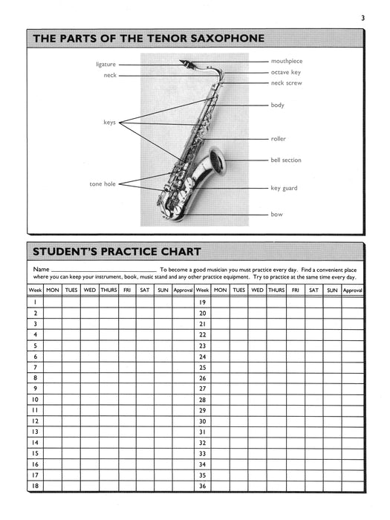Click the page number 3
tap(363, 18)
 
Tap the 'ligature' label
tap(106, 64)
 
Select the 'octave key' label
tap(285, 72)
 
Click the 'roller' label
tap(278, 139)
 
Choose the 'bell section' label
tap(286, 160)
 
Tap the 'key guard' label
tap(284, 188)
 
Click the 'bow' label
tap(276, 214)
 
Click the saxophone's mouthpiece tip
tap(183, 62)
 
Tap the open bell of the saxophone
tap(217, 159)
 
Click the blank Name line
tap(104, 270)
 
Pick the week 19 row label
tap(202, 302)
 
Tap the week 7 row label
tap(35, 367)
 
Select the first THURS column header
tap(108, 289)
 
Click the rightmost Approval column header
tap(352, 289)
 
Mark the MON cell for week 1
tap(53, 302)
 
